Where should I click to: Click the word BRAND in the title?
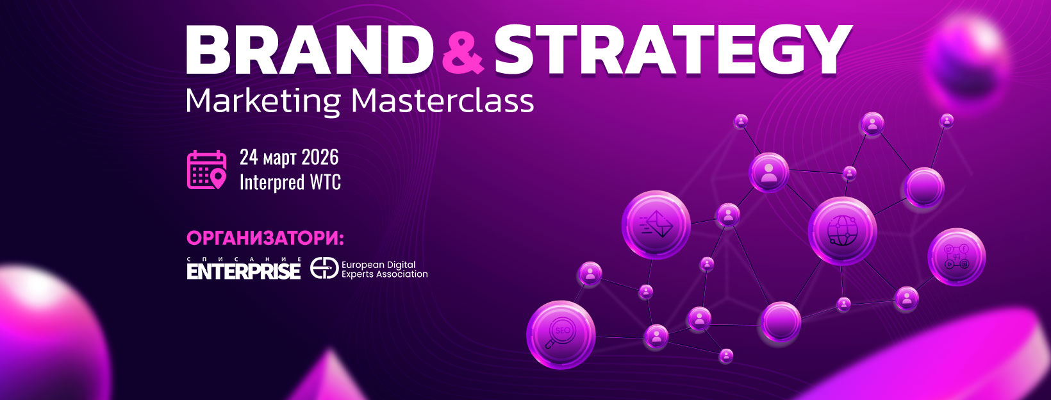tap(310, 50)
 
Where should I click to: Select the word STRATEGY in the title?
tap(674, 50)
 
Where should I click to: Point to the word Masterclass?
tap(442, 101)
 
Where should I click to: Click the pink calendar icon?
tap(206, 170)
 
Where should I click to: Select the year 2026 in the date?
tap(320, 157)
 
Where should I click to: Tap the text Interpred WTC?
tap(290, 182)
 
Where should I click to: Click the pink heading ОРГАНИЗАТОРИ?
tap(265, 238)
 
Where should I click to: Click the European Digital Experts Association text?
tap(385, 269)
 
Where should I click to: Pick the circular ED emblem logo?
tap(324, 268)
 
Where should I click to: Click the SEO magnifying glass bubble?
tap(561, 335)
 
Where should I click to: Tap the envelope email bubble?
tap(656, 225)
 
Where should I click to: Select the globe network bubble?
tap(842, 231)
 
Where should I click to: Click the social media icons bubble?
tap(956, 257)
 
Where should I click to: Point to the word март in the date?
tap(279, 159)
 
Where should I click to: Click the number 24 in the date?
tap(249, 157)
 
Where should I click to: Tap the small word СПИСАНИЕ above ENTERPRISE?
tap(244, 259)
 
